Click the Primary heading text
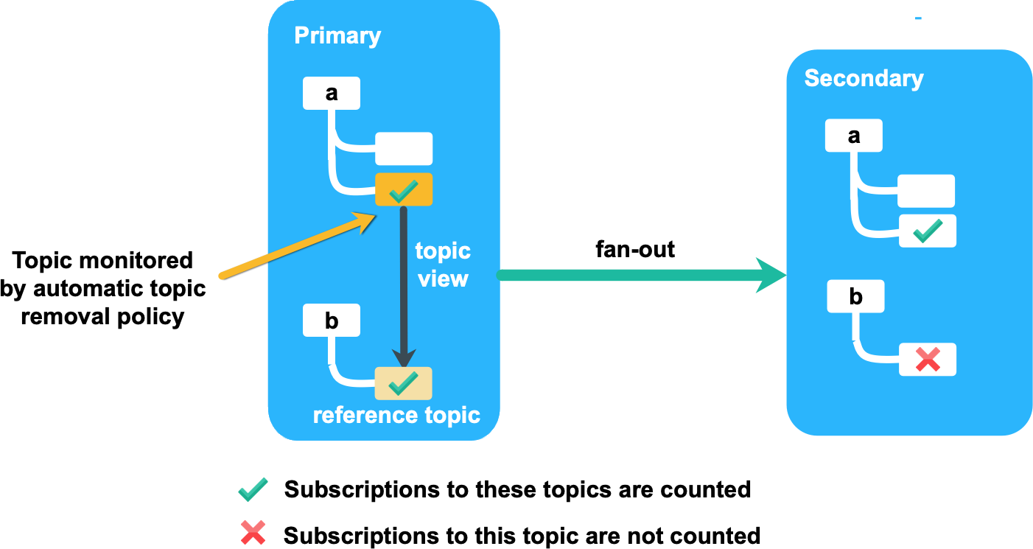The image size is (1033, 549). [337, 35]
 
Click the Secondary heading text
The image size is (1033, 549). [864, 78]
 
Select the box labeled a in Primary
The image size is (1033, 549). [332, 94]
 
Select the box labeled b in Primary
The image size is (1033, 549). [332, 321]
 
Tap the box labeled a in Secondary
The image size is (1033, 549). [853, 136]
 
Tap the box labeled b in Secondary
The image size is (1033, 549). [855, 296]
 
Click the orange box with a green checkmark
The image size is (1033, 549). [404, 190]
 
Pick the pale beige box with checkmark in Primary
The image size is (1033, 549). [403, 383]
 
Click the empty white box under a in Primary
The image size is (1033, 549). [404, 149]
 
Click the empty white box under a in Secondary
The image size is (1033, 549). [926, 191]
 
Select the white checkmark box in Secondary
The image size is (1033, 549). [927, 231]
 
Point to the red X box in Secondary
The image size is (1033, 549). [927, 360]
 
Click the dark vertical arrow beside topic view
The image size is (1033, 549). [404, 287]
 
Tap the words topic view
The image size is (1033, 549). [443, 265]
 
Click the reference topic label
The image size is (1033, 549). [396, 415]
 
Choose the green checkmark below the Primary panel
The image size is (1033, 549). [253, 489]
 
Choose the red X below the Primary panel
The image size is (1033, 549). [253, 532]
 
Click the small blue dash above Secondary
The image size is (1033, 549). [918, 18]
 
